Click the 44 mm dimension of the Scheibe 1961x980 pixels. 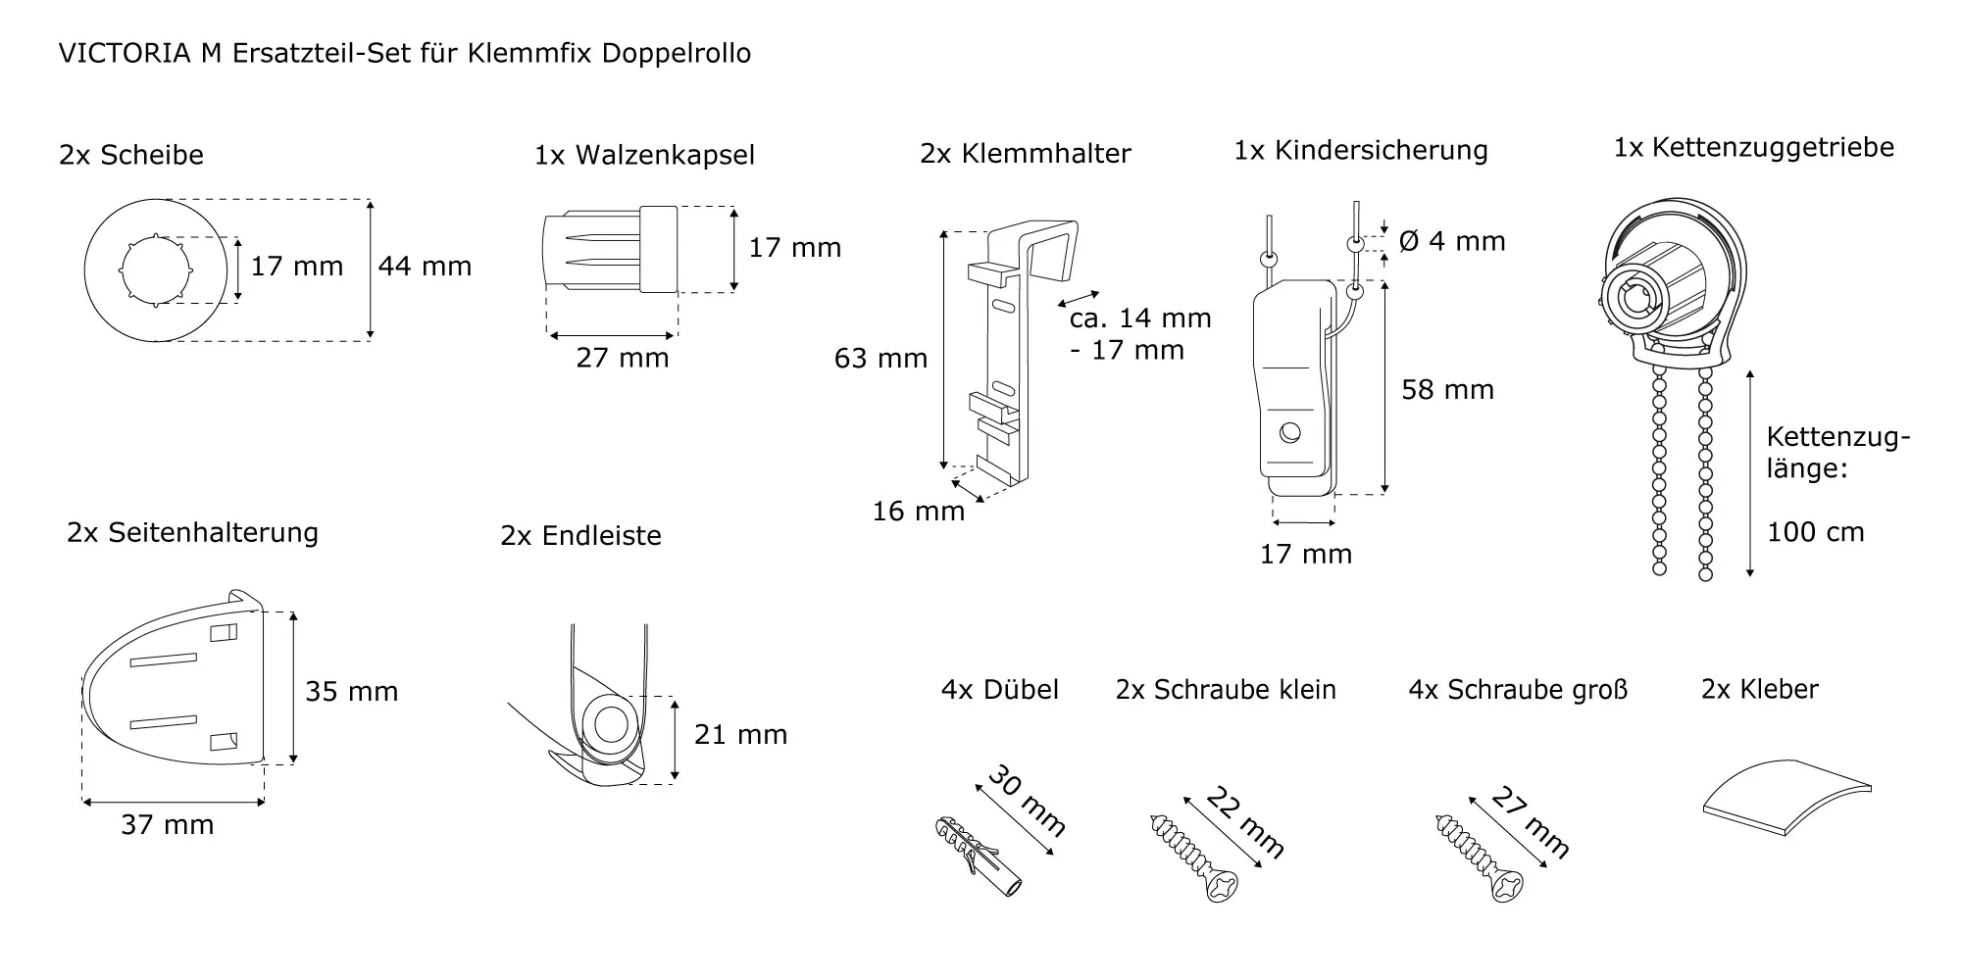click(425, 267)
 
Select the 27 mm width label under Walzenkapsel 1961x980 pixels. click(622, 358)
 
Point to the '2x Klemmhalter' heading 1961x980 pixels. click(1025, 154)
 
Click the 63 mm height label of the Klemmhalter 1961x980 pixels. click(880, 359)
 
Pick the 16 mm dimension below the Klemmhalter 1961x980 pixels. click(918, 512)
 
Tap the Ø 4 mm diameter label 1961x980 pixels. click(1451, 241)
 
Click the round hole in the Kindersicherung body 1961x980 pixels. click(1290, 431)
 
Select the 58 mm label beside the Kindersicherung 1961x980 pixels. click(1447, 390)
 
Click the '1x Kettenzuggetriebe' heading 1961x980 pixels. click(1753, 148)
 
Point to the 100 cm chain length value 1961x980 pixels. click(1815, 533)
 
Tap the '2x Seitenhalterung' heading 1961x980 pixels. click(192, 533)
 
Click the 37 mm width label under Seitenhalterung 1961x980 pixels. click(167, 825)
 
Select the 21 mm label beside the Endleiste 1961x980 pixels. click(740, 735)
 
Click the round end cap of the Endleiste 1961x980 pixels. click(610, 726)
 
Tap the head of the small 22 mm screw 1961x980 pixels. click(1222, 886)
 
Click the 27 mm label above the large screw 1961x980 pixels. click(1530, 822)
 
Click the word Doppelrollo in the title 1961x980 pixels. click(676, 53)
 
